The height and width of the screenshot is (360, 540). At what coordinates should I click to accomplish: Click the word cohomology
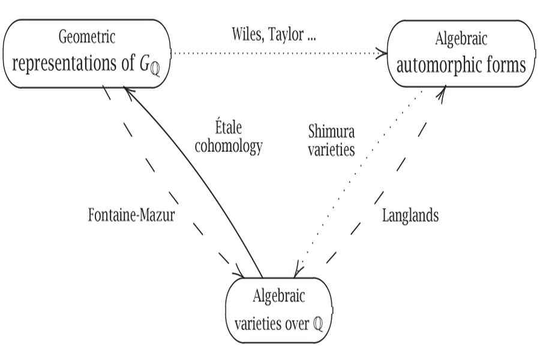(x=229, y=147)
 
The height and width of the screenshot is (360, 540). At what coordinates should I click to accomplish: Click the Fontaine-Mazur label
(x=131, y=215)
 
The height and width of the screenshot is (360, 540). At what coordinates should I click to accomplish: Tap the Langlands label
(x=410, y=215)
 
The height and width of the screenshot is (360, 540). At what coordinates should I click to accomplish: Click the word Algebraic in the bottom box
(x=278, y=296)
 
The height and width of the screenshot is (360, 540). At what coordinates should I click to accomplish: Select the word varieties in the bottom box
(x=257, y=324)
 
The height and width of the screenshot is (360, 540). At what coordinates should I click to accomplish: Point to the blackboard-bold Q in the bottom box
(x=317, y=325)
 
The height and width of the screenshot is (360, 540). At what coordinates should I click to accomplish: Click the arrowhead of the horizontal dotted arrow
(x=382, y=53)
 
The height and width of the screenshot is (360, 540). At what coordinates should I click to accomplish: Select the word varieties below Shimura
(x=331, y=149)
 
